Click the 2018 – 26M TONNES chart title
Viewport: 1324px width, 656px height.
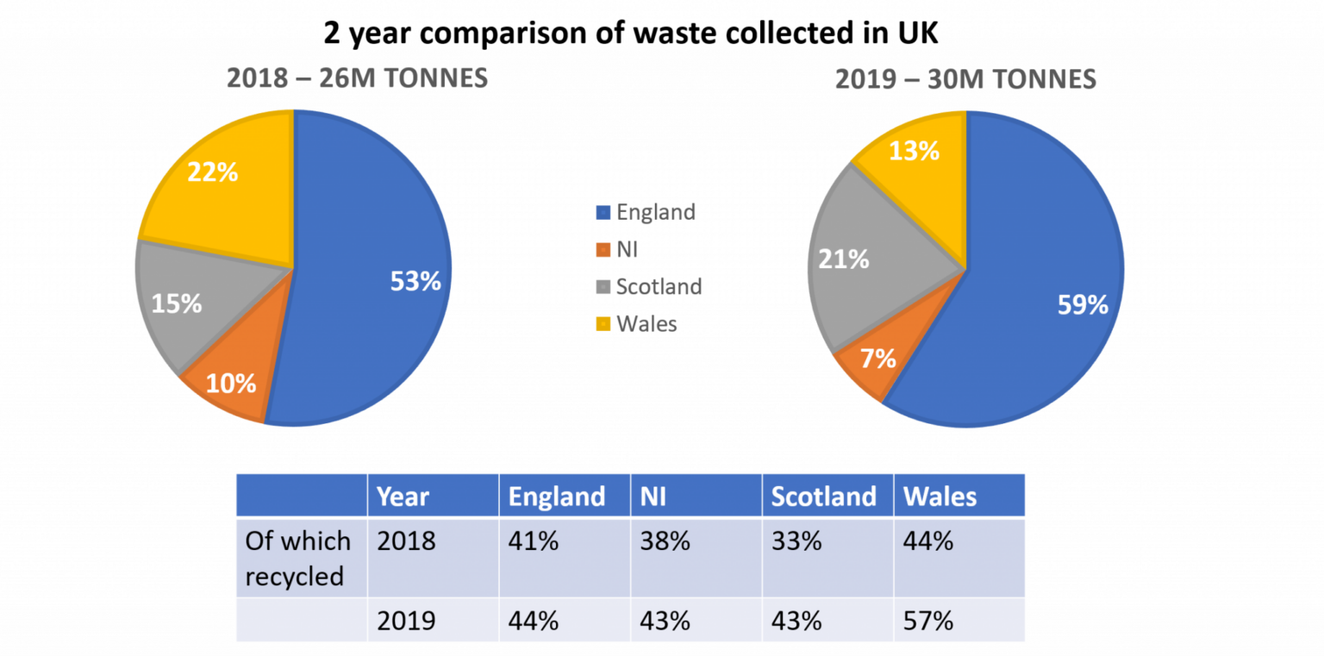[x=357, y=79]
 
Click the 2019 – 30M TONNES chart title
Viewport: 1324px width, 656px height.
[x=965, y=80]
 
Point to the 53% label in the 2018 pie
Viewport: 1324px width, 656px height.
[x=415, y=281]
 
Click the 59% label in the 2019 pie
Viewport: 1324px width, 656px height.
[x=1083, y=304]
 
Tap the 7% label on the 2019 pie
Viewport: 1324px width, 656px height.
[x=877, y=358]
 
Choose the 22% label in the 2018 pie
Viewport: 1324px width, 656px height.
[x=212, y=172]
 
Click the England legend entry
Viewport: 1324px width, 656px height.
[x=655, y=212]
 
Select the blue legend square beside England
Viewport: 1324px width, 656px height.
[x=603, y=213]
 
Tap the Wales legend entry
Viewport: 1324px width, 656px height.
[x=646, y=324]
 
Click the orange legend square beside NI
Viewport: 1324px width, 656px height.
[x=603, y=251]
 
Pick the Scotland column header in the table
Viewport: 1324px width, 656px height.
[x=823, y=497]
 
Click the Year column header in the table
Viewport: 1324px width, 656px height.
[x=403, y=497]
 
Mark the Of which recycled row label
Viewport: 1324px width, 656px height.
[x=298, y=558]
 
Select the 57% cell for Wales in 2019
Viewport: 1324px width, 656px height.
[x=927, y=621]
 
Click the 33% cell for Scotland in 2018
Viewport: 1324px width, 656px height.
[x=796, y=540]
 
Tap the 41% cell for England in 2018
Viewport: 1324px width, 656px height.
[x=534, y=540]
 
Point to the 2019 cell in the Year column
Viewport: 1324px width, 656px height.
[x=406, y=621]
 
